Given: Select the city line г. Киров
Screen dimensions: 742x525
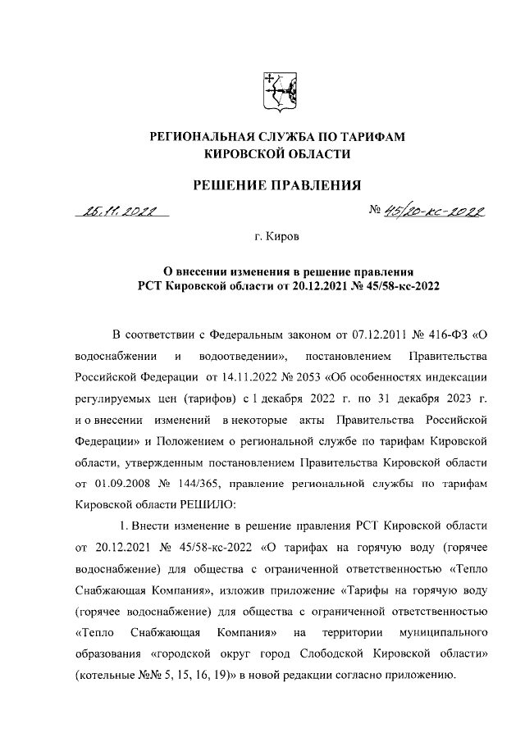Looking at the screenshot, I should coord(277,238).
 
